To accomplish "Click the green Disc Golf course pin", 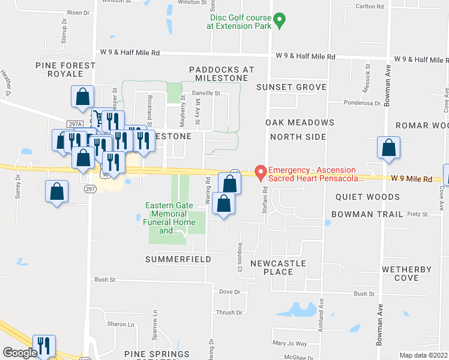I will click(x=279, y=22).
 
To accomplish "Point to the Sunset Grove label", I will click(x=291, y=87).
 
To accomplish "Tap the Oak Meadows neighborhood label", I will click(x=300, y=122).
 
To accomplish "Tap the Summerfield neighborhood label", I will click(x=178, y=259).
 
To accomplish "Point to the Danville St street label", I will click(x=206, y=94).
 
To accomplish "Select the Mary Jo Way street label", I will click(x=289, y=344).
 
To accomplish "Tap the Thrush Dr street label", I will click(x=229, y=313).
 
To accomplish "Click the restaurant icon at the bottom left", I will click(x=44, y=346).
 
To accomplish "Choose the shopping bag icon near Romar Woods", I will click(x=389, y=149).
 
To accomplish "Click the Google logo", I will click(x=20, y=353).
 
